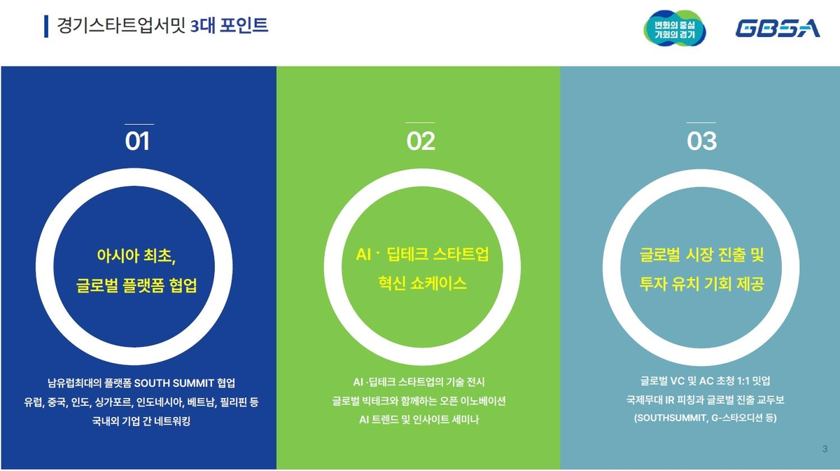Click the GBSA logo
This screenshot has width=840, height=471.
click(778, 28)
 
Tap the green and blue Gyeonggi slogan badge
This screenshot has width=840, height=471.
click(675, 28)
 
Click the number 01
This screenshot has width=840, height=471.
click(137, 141)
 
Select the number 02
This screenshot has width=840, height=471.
click(421, 141)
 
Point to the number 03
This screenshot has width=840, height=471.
click(701, 141)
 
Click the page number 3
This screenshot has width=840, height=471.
click(825, 449)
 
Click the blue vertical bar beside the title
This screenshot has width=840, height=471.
click(46, 27)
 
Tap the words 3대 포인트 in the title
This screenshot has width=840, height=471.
click(229, 25)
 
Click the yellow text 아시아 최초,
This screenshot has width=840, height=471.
click(136, 256)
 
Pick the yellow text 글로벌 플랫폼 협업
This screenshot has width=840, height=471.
click(136, 285)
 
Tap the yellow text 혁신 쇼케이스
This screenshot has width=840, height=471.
click(422, 283)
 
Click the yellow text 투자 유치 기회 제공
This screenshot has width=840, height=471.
click(701, 284)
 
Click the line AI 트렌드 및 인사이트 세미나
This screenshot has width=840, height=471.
click(419, 420)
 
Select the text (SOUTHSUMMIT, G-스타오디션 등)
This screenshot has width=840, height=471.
click(706, 418)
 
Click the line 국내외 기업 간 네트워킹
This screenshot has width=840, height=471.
click(141, 421)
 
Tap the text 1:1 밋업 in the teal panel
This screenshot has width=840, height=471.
click(754, 381)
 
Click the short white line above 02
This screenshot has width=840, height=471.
click(420, 123)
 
